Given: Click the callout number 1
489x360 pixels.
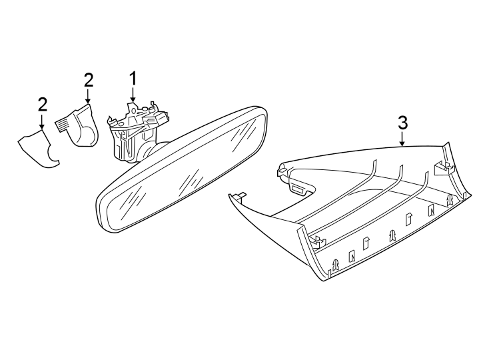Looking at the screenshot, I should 133,79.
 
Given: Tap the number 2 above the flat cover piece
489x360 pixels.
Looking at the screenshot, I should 42,105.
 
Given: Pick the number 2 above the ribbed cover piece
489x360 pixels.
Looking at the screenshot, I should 89,80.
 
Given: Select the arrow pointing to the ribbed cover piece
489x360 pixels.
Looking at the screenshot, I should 89,97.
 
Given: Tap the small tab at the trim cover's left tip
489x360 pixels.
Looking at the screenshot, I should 237,195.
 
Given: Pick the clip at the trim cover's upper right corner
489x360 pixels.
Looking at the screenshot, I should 442,168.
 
